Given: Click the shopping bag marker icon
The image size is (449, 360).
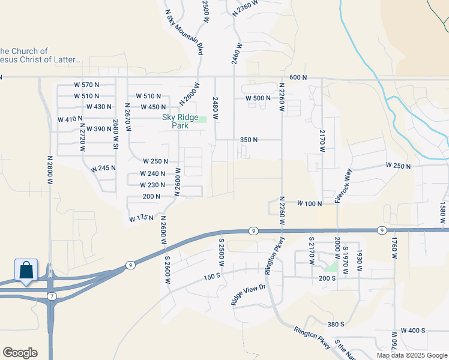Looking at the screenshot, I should tap(27, 271).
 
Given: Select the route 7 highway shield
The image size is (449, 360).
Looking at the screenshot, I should tap(52, 296).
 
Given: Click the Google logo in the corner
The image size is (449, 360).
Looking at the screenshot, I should tap(20, 353).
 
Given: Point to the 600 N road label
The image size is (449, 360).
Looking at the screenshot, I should tap(298, 78).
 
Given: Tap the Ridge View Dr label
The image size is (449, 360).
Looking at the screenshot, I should tap(248, 295).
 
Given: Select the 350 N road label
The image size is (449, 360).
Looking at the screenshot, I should tap(249, 140).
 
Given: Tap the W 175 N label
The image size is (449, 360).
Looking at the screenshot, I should tap(141, 219).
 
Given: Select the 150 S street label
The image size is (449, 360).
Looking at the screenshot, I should tap(212, 277).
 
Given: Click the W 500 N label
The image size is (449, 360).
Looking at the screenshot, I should tap(259, 98).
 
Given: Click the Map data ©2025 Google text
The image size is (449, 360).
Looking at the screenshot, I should tap(411, 355).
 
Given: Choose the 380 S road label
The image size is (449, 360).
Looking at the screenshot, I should tap(336, 324).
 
